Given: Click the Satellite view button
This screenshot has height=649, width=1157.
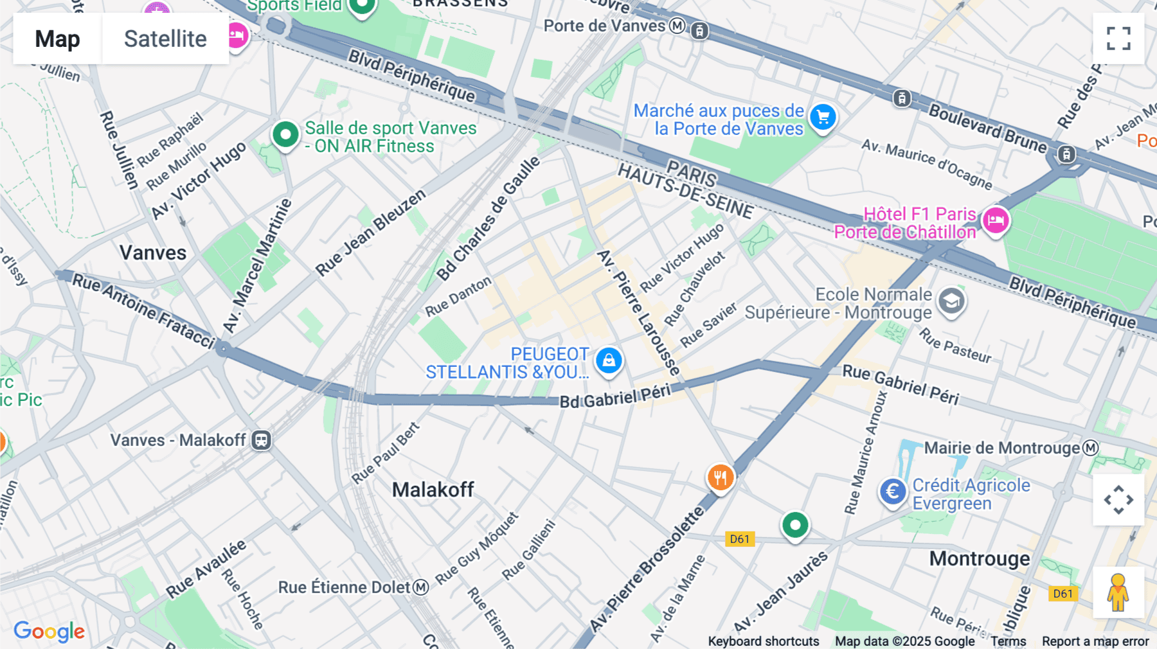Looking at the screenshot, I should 165,39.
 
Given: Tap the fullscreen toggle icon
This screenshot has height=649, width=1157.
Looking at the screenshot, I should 1118,39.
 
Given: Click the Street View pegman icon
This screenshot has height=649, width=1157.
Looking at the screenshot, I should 1118,592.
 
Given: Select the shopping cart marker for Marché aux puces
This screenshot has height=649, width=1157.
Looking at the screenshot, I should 823,118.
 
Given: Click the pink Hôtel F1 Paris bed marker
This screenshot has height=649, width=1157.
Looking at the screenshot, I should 996,221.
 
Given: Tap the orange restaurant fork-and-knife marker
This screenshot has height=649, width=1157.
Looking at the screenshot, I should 721,477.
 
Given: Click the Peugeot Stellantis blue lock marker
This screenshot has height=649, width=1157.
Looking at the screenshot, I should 609,360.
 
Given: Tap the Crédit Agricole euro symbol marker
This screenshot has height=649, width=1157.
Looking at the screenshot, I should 892,492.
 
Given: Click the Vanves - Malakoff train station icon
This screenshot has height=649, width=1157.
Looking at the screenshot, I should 262,440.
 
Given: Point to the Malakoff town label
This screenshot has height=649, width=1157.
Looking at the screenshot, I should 433,490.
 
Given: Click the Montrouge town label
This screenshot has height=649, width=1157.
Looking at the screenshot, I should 979,558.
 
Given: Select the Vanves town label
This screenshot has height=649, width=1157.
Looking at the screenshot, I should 153,253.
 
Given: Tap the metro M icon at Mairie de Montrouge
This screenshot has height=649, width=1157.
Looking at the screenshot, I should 1091,448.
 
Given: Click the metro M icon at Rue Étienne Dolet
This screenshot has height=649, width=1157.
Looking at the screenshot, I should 420,587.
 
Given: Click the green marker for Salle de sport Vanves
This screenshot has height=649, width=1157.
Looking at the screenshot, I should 285,135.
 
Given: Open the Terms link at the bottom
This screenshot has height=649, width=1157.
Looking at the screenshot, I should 1008,641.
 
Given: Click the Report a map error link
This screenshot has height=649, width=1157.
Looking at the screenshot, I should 1095,641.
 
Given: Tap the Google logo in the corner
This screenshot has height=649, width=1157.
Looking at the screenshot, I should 49,631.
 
